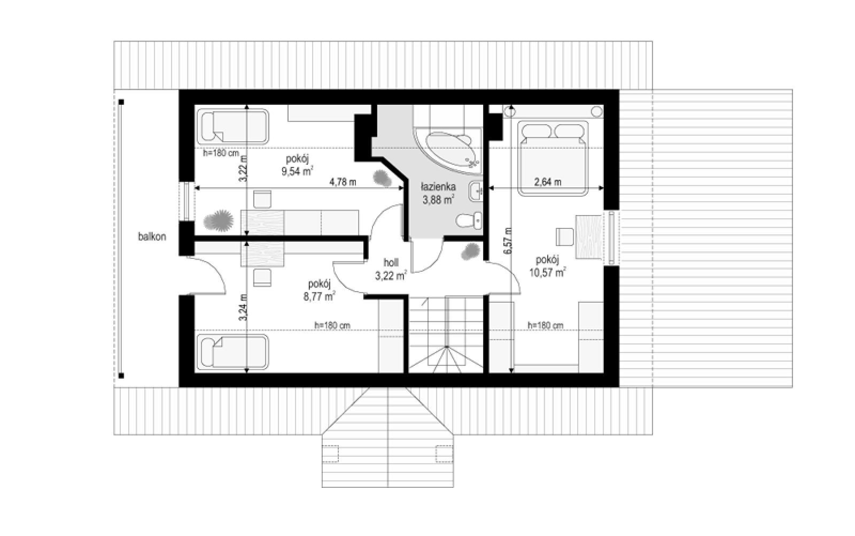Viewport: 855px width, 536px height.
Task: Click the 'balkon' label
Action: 152,237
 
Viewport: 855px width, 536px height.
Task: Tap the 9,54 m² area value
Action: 297,171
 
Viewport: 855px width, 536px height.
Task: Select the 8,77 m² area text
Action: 320,296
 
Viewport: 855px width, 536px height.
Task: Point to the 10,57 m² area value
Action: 547,272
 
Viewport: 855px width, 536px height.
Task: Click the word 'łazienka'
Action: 438,187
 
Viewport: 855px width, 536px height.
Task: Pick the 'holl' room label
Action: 391,263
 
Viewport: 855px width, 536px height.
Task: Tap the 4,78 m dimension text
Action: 343,182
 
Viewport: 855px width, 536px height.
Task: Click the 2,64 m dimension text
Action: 547,182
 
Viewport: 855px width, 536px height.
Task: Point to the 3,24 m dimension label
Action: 243,308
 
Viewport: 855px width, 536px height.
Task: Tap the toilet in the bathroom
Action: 469,221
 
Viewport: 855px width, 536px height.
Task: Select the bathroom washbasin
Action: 476,190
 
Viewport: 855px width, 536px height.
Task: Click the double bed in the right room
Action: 553,158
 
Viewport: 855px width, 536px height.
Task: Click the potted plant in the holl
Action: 470,251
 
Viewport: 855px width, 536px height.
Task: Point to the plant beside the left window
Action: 219,220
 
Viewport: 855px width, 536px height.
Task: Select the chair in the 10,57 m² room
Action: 564,237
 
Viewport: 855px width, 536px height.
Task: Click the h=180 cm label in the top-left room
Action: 221,153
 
